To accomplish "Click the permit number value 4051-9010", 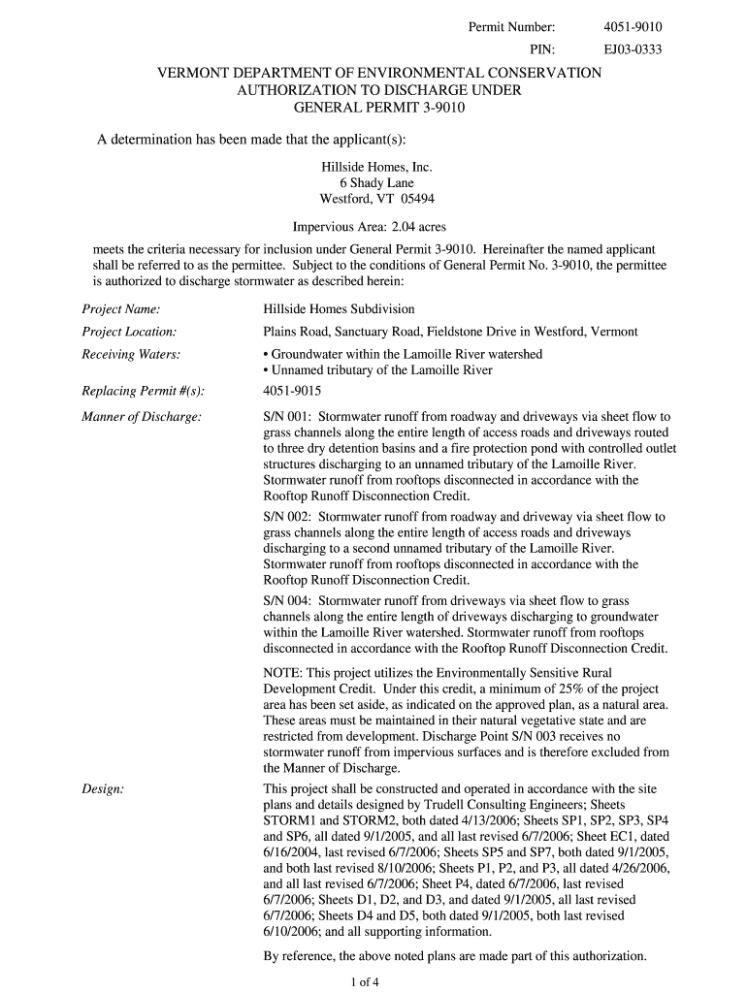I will coord(633,27).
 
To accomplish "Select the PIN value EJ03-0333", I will coord(633,49).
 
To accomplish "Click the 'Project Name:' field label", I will coord(120,309).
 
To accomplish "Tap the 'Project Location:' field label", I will coord(128,332).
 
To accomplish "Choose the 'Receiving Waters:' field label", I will coord(130,354).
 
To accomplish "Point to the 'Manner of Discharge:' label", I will coord(142,417).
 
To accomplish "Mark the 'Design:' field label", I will coord(102,789).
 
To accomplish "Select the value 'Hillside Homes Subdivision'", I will coord(339,309).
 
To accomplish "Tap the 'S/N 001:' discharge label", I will coord(287,417).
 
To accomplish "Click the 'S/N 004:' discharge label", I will coord(287,601).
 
